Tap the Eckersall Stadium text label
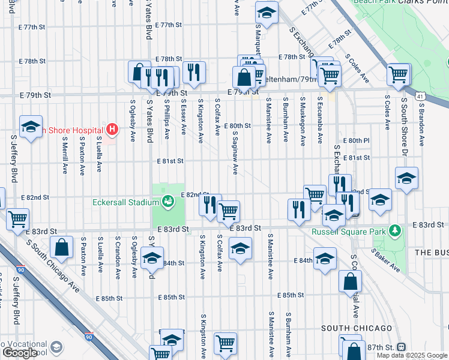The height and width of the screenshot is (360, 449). coord(125,203)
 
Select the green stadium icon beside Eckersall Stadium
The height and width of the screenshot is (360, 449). coord(168,201)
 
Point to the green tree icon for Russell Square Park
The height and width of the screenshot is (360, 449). coord(395,230)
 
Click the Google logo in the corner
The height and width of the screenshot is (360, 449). coord(20,353)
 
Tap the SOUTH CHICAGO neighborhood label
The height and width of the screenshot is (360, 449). coord(357,328)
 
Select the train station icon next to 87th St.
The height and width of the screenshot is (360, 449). coord(401,347)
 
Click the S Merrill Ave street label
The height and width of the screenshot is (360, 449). coord(65,155)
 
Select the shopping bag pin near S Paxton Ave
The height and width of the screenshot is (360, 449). coord(62,247)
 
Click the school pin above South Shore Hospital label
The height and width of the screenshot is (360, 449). coord(31,127)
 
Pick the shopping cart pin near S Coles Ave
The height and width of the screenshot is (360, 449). coord(399,74)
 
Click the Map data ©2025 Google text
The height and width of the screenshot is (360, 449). coord(412,355)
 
